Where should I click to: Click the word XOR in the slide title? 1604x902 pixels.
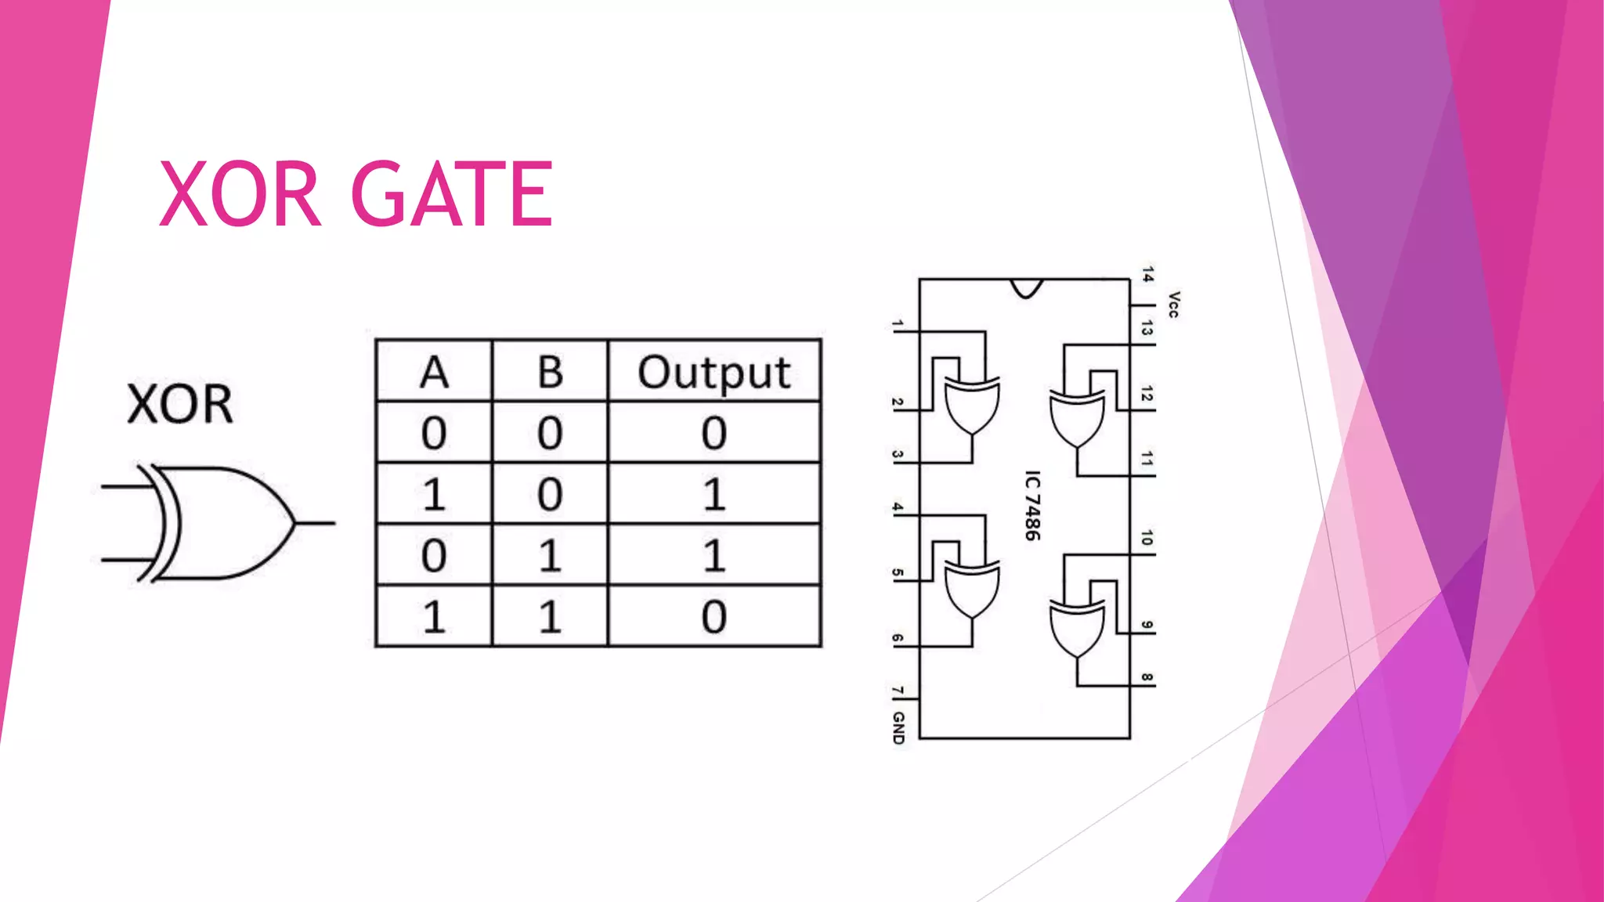point(240,193)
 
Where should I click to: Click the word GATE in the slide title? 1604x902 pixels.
point(452,193)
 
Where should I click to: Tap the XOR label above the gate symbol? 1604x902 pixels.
point(180,405)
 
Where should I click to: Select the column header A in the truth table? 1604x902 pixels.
point(434,372)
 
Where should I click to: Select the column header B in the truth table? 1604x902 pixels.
point(550,372)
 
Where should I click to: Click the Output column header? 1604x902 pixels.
point(713,372)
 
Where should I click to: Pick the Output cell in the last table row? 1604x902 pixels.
point(713,617)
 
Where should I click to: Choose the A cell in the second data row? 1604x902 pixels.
point(434,495)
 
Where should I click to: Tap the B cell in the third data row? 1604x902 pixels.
point(550,556)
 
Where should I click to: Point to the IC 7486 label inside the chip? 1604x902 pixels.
point(1032,505)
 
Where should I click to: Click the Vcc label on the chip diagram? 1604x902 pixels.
point(1172,304)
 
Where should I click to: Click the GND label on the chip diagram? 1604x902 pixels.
point(898,727)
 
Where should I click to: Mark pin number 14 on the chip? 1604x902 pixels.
point(1147,275)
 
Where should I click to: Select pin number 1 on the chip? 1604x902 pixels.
point(898,325)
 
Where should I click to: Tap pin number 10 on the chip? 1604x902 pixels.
point(1147,538)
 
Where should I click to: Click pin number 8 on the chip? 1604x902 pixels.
point(1147,677)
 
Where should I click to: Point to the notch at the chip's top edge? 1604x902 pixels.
point(1026,287)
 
